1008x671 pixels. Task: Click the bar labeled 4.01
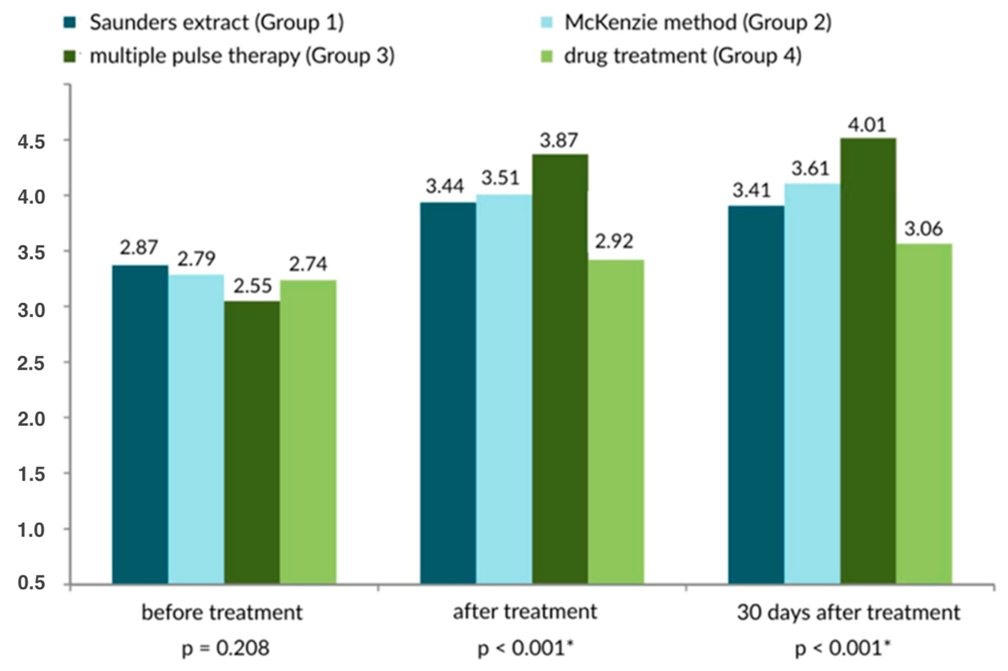click(x=868, y=359)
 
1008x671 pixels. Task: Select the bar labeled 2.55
click(x=252, y=441)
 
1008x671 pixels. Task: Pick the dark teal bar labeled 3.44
click(x=448, y=391)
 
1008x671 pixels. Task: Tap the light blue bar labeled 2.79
click(x=196, y=428)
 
